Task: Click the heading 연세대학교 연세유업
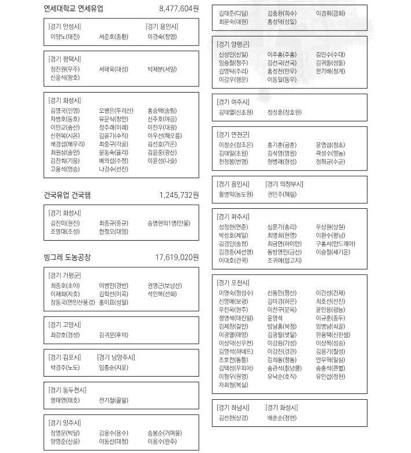tap(75, 9)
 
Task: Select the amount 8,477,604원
tap(179, 9)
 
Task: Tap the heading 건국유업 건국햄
tap(67, 195)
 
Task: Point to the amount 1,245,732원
tap(179, 195)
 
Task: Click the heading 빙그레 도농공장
tap(67, 257)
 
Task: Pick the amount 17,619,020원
tap(177, 257)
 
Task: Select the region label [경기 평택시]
tap(65, 59)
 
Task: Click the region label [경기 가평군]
tap(65, 275)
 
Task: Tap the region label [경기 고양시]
tap(65, 324)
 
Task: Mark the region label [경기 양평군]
tap(234, 44)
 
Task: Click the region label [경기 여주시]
tap(234, 101)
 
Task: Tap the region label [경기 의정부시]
tap(285, 184)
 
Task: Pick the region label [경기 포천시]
tap(234, 282)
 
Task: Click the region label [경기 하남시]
tap(234, 407)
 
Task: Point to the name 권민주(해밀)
tap(282, 194)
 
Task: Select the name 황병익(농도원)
tap(236, 194)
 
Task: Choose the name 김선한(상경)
tap(234, 417)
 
